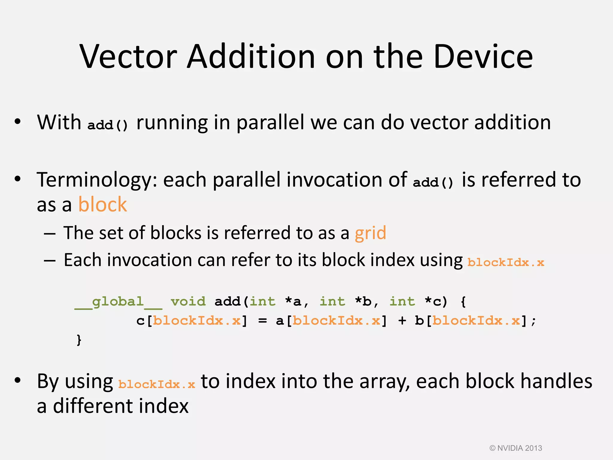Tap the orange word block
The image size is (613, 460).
point(102,205)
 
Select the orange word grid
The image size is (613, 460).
point(370,233)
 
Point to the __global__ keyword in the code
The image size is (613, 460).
point(118,302)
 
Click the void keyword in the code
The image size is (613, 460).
point(188,302)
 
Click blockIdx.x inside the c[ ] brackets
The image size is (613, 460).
point(197,321)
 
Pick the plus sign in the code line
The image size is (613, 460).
point(402,321)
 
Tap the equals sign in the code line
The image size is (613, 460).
point(262,321)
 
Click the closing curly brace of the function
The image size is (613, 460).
point(79,340)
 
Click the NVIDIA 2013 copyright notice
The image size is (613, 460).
point(515,448)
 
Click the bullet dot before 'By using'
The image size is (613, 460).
point(18,380)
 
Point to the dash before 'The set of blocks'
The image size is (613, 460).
point(49,234)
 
